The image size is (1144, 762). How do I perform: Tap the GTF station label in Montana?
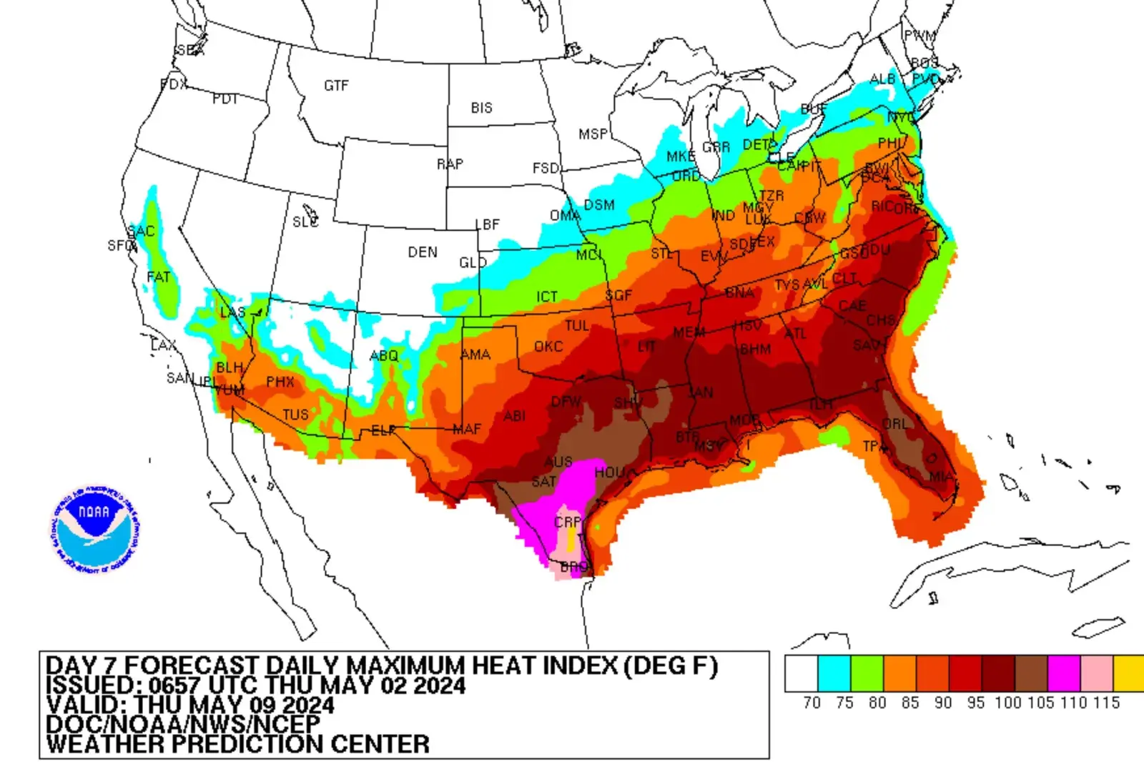[336, 86]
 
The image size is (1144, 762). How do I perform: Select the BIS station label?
[481, 108]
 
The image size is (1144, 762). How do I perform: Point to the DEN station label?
[423, 252]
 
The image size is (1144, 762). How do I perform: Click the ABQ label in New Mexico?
[384, 355]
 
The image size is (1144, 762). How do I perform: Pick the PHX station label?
[280, 382]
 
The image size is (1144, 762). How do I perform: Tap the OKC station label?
[548, 347]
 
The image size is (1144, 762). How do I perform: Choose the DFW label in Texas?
[566, 402]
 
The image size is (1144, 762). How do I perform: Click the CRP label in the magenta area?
[568, 523]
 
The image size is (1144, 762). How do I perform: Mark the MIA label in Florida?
[941, 476]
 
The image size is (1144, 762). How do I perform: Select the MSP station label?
[593, 134]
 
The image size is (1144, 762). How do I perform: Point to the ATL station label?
[795, 334]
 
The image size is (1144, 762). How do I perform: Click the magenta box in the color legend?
[1063, 673]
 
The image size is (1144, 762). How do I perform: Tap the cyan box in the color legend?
[834, 673]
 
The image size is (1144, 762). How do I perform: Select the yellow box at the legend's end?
[1129, 673]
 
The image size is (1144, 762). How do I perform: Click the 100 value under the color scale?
[1007, 703]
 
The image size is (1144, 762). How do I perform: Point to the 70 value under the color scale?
[812, 703]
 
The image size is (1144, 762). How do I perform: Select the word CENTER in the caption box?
[380, 744]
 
